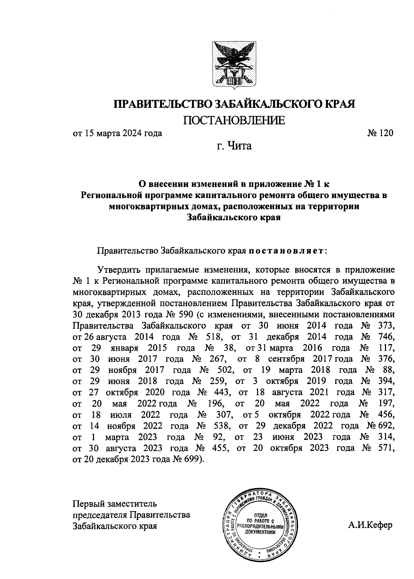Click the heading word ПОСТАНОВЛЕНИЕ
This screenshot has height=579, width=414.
[x=234, y=120]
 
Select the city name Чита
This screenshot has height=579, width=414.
[x=239, y=146]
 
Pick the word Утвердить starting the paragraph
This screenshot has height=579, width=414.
[x=119, y=269]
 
